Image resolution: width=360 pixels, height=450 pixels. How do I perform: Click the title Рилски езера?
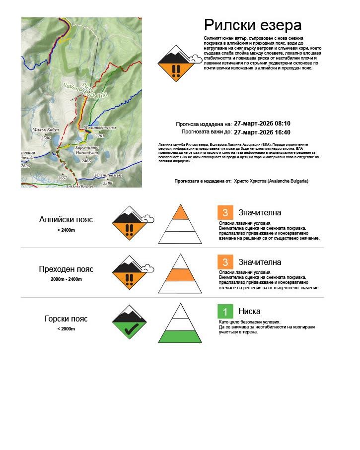tap(253, 25)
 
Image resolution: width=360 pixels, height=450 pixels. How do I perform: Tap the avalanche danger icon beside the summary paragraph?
tap(174, 63)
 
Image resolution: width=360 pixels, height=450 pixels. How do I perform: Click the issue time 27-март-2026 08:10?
tap(262, 124)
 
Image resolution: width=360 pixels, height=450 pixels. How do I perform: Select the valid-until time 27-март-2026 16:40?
tap(262, 132)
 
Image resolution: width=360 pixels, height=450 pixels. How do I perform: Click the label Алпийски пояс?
tap(66, 219)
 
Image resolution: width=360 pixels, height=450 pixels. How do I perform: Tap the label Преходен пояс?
tap(66, 269)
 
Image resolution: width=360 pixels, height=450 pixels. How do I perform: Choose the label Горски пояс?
tap(66, 319)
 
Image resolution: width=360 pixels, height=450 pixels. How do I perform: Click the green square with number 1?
tap(225, 312)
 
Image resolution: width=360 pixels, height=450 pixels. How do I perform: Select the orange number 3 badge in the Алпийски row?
tap(225, 212)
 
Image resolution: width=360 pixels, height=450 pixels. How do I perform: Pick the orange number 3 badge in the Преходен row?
tap(225, 262)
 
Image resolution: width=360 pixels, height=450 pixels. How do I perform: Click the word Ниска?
tap(249, 312)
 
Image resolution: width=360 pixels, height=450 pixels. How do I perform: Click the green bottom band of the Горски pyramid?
tap(180, 336)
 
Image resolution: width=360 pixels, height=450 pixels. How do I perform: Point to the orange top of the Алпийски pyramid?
tap(180, 213)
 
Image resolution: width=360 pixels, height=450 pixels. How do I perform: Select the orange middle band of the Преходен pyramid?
tap(180, 274)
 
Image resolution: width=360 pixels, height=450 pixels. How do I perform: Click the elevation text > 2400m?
tap(66, 230)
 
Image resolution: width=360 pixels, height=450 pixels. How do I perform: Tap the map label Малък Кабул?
tap(46, 130)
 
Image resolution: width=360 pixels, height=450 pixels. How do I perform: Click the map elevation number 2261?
tap(100, 135)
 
